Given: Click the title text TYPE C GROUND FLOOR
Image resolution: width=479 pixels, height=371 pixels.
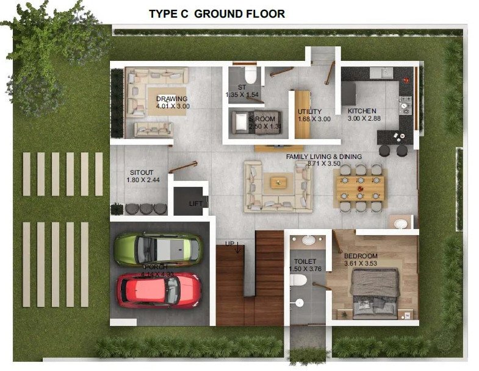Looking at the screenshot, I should tap(217, 13).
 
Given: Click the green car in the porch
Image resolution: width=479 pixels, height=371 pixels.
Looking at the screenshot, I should tap(157, 249).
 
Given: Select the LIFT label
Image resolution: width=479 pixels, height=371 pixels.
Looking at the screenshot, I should tap(195, 204).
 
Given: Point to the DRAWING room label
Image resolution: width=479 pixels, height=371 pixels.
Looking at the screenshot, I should tap(171, 99).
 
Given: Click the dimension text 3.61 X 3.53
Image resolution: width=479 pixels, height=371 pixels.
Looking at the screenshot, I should tap(361, 264).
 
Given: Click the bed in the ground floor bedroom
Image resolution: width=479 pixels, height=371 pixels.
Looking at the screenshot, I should tap(375, 290).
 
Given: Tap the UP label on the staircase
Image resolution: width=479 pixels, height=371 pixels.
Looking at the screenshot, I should tap(230, 244).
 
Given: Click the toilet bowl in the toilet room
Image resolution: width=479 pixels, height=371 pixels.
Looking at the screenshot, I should tap(298, 280).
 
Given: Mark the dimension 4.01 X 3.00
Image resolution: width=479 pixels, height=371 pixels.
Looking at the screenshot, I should tap(173, 106).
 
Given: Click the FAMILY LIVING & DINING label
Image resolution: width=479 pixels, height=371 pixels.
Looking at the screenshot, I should tap(324, 157).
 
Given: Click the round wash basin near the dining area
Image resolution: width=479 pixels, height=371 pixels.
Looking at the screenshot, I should tap(400, 224).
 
